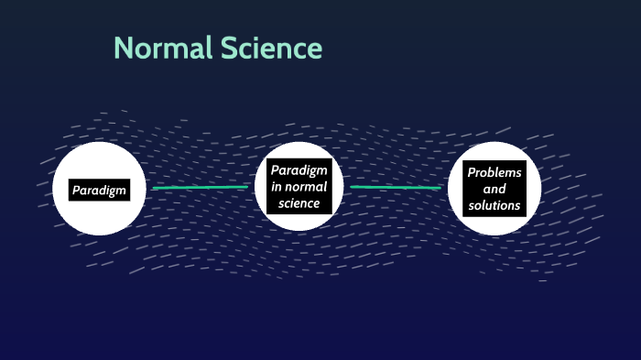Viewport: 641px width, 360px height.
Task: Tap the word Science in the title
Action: pyautogui.click(x=271, y=48)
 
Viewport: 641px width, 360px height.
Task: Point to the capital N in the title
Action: pyautogui.click(x=123, y=48)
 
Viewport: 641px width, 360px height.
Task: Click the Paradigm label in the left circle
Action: pyautogui.click(x=100, y=190)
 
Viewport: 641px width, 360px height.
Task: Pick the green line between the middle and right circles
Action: pyautogui.click(x=396, y=187)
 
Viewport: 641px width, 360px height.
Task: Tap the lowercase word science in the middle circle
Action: pyautogui.click(x=299, y=203)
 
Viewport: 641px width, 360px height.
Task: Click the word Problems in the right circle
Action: pyautogui.click(x=494, y=172)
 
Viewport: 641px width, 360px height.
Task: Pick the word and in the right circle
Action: pyautogui.click(x=494, y=189)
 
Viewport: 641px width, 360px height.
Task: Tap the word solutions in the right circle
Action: pyautogui.click(x=494, y=205)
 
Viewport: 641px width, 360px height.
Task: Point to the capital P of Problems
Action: pyautogui.click(x=471, y=172)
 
